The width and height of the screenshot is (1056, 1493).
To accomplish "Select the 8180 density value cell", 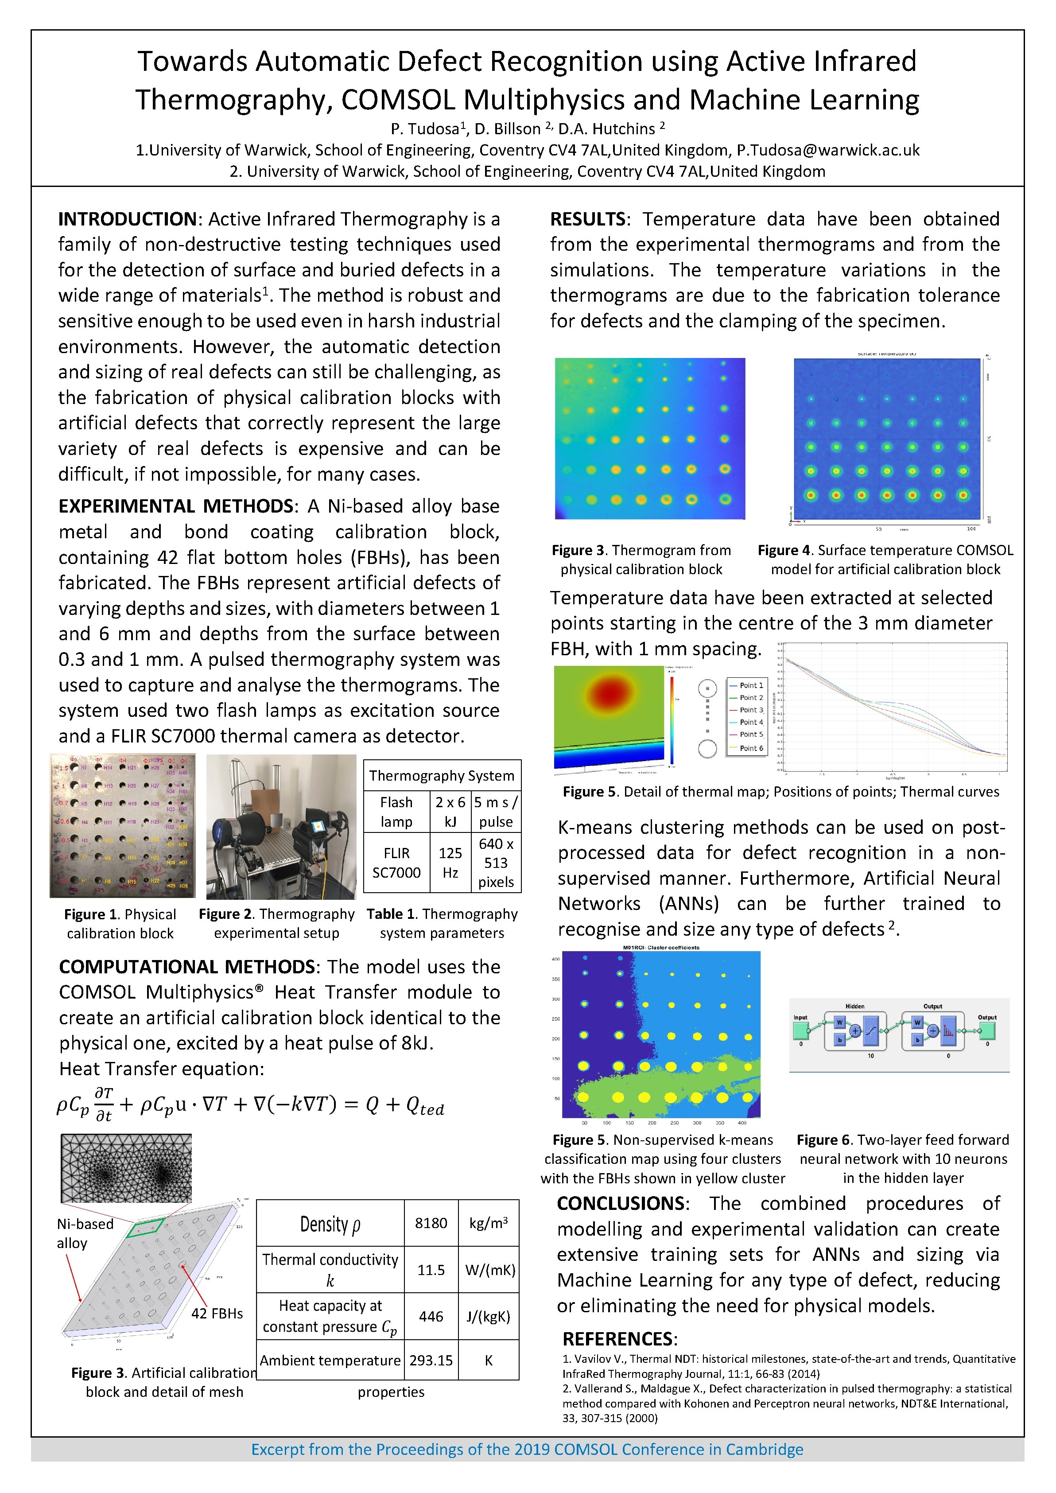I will point(431,1223).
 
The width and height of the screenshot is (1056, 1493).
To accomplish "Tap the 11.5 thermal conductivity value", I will point(431,1270).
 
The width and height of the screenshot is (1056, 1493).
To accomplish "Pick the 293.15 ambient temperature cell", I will point(431,1361).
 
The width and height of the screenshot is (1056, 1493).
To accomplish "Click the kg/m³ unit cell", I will point(488,1223).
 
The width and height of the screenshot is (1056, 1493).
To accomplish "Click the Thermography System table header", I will point(442,776).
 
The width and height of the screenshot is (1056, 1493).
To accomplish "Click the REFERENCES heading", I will point(619,1339).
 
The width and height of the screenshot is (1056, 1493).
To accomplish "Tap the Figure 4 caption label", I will point(784,550).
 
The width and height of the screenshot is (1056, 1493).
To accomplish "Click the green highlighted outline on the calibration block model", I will point(146,1227).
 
